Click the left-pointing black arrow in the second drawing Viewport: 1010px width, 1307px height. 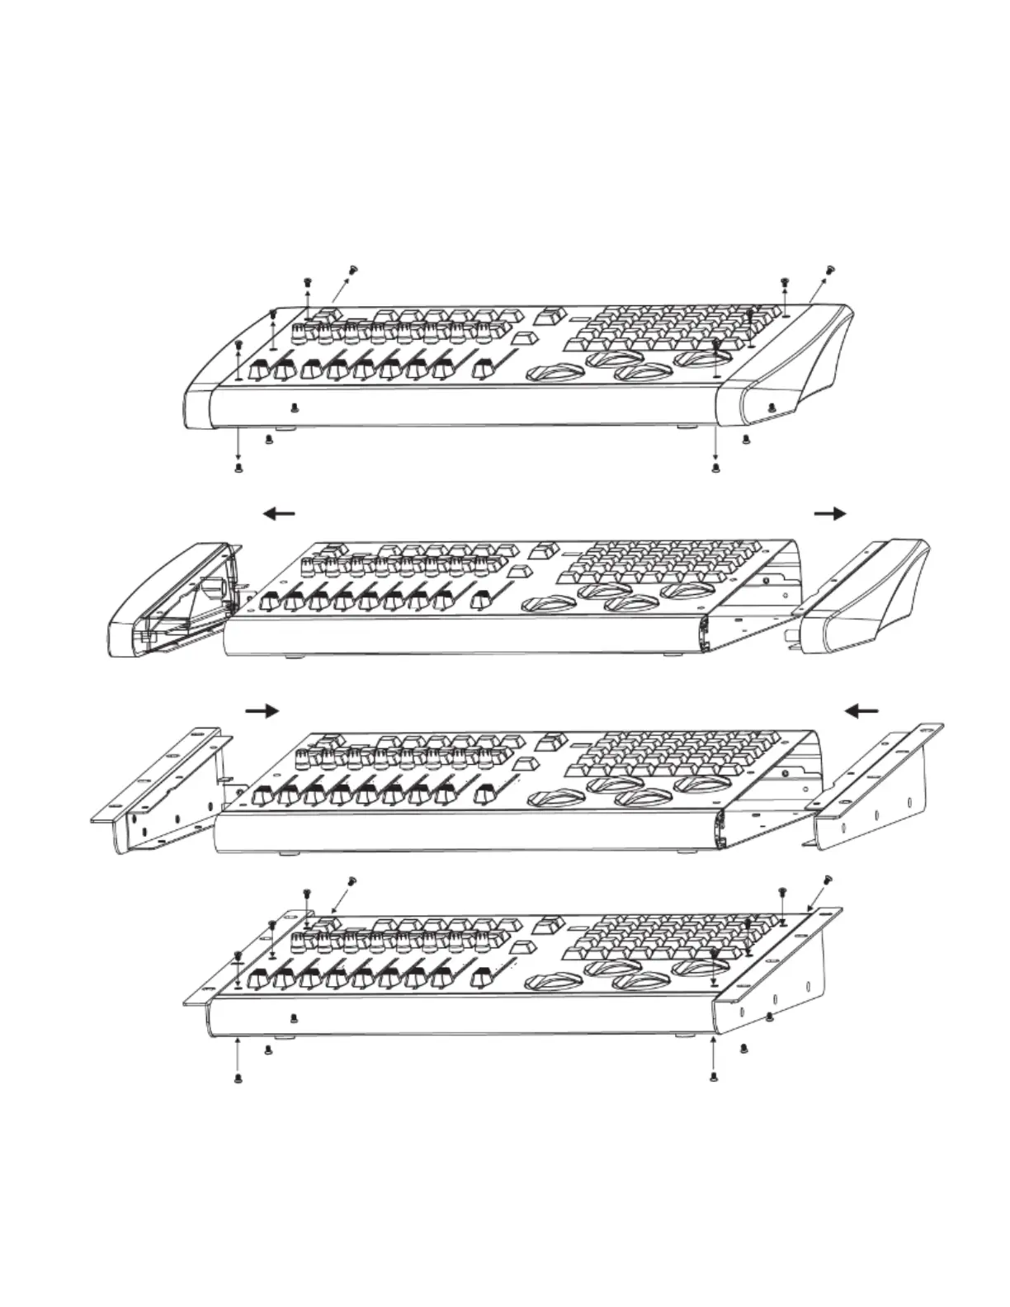pos(279,513)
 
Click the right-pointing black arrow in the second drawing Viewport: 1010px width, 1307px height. pos(830,513)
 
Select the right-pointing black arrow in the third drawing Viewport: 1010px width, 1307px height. pos(263,710)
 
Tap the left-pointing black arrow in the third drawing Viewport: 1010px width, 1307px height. pos(863,710)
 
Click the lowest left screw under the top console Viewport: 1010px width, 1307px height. pos(238,468)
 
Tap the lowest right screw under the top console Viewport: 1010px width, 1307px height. pos(715,468)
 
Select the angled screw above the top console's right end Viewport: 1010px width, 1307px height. pos(830,268)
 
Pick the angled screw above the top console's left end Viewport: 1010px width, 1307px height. pos(355,268)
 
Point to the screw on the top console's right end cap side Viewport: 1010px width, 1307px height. pos(771,407)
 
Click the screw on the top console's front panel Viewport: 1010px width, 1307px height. pos(295,407)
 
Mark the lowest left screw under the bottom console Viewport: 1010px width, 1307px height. pos(238,1078)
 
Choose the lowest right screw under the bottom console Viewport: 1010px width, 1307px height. pos(715,1078)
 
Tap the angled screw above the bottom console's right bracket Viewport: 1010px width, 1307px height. pos(828,879)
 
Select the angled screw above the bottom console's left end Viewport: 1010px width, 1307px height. pos(353,880)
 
